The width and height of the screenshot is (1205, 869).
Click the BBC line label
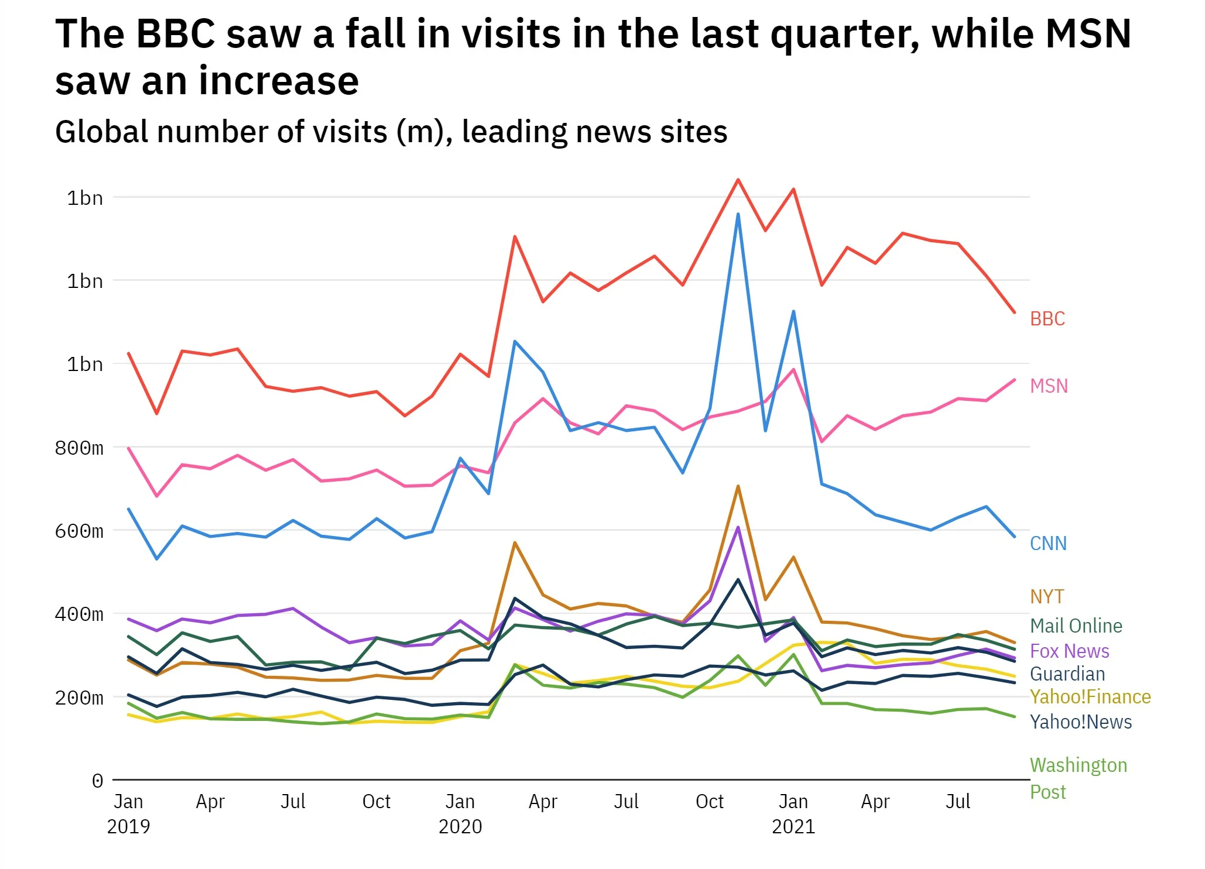pyautogui.click(x=1047, y=319)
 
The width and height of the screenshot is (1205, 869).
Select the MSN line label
pyautogui.click(x=1049, y=386)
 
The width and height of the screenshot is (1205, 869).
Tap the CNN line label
pyautogui.click(x=1048, y=544)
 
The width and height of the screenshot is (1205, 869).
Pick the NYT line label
pyautogui.click(x=1046, y=597)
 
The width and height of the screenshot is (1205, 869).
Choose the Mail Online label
pyautogui.click(x=1076, y=626)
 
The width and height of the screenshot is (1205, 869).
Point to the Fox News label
pyautogui.click(x=1069, y=651)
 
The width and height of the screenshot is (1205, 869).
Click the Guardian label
pyautogui.click(x=1067, y=674)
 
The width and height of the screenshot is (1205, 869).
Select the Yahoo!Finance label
pyautogui.click(x=1090, y=697)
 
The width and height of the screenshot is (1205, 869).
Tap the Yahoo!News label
pyautogui.click(x=1080, y=722)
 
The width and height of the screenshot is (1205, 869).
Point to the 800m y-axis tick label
pyautogui.click(x=79, y=448)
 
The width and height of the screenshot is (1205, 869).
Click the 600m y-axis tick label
pyautogui.click(x=79, y=531)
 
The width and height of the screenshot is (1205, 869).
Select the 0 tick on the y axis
pyautogui.click(x=97, y=781)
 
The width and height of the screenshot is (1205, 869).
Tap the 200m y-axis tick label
pyautogui.click(x=79, y=698)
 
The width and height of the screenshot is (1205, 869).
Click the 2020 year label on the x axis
pyautogui.click(x=460, y=827)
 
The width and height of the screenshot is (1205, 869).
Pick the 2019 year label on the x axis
pyautogui.click(x=128, y=827)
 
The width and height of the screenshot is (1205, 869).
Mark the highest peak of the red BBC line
pyautogui.click(x=738, y=180)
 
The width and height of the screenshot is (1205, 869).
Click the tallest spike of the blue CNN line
pyautogui.click(x=738, y=214)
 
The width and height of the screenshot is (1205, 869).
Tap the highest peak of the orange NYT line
pyautogui.click(x=738, y=486)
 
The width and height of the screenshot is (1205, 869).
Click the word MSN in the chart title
pyautogui.click(x=1088, y=34)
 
